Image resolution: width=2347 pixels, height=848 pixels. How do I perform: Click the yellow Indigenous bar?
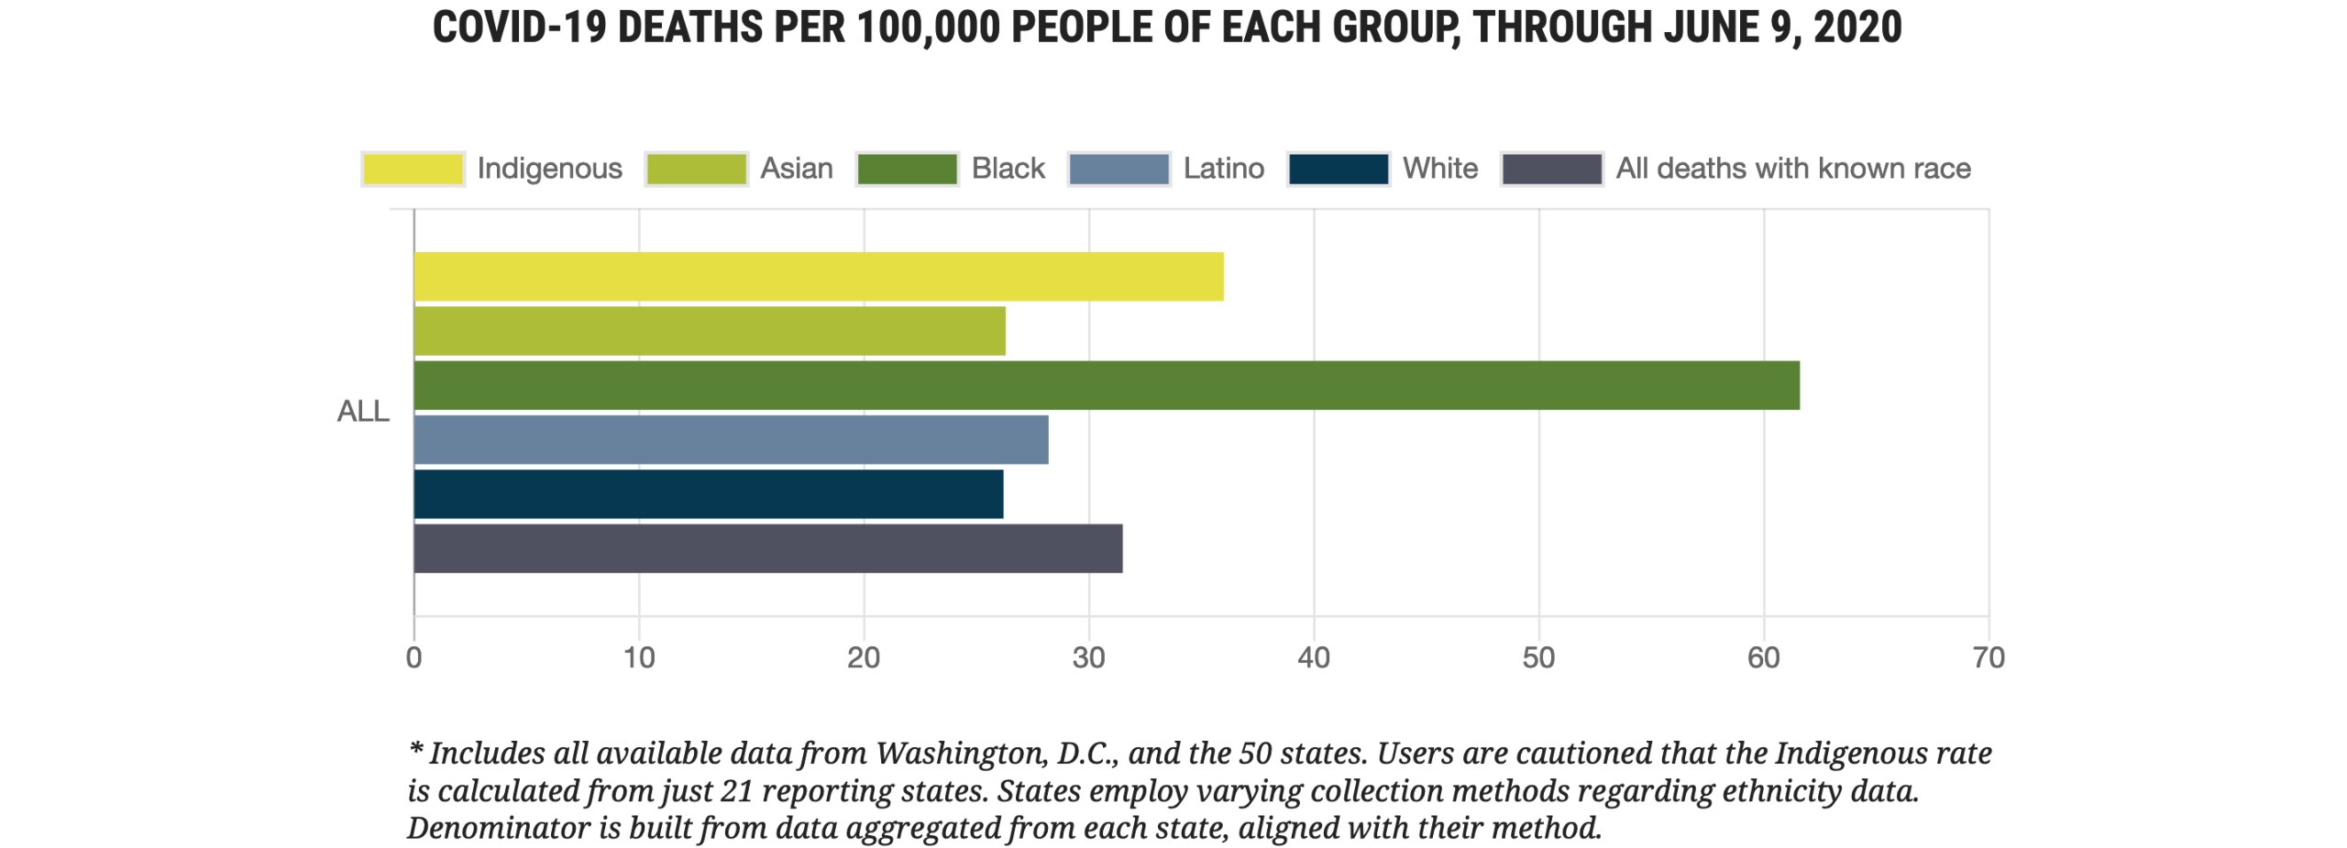tap(819, 276)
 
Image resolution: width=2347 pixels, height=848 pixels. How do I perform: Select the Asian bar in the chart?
tap(710, 331)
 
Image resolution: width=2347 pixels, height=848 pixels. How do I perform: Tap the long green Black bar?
tap(1107, 385)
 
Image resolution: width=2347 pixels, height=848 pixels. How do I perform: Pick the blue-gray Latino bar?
tap(731, 439)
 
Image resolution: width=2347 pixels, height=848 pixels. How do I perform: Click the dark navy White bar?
tap(709, 494)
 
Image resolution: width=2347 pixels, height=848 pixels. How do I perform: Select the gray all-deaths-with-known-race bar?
tap(768, 548)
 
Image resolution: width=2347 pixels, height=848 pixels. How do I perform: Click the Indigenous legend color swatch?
tap(413, 169)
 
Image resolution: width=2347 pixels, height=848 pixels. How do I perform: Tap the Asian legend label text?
tap(797, 169)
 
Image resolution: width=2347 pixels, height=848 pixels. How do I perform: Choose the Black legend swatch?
tap(907, 169)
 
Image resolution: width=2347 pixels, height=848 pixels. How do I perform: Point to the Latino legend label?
tap(1223, 169)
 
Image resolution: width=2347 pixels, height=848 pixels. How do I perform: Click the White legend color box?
tap(1339, 169)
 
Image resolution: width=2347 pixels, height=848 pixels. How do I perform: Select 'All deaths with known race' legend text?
tap(1792, 169)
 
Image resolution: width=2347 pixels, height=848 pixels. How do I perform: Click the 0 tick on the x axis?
tap(414, 658)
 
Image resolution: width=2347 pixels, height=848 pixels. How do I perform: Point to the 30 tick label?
tap(1089, 658)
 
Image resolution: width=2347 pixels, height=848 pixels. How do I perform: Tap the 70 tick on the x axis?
tap(1989, 658)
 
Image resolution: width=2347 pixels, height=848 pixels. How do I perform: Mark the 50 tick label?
tap(1538, 658)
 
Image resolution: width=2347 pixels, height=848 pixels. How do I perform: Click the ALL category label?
tap(363, 412)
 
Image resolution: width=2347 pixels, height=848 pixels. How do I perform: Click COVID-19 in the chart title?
tap(519, 28)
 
